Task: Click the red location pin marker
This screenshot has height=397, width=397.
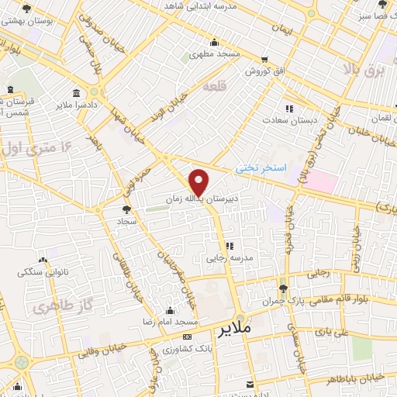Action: tap(199, 181)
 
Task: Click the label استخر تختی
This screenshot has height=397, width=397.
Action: tap(261, 167)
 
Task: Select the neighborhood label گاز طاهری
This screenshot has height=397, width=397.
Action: tap(56, 307)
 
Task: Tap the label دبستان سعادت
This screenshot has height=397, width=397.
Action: tap(286, 120)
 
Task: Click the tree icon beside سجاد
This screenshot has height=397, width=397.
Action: tap(127, 209)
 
